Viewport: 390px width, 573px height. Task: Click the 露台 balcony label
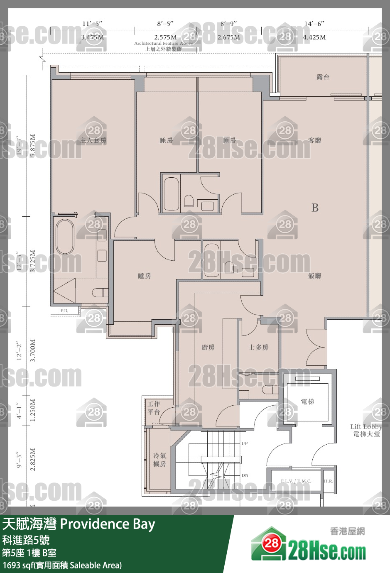323,77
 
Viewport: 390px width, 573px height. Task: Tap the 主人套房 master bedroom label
93,140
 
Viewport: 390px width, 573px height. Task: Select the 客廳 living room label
315,140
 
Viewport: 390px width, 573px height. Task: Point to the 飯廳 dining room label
315,276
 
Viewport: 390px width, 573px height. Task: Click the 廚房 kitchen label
208,347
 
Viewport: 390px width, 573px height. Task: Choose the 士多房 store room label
258,347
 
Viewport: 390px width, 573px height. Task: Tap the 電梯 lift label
307,402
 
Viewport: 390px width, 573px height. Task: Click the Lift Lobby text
365,426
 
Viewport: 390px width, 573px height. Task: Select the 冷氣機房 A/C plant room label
159,460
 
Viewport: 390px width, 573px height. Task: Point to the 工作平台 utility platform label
154,408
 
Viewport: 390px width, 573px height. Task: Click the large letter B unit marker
315,208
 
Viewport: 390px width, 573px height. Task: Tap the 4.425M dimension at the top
314,37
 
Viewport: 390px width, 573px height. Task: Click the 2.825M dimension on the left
33,459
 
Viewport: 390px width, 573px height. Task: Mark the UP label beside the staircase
245,443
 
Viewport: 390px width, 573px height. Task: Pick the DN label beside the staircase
245,475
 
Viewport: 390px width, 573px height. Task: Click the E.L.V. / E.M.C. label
296,481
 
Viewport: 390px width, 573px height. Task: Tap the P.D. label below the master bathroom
64,311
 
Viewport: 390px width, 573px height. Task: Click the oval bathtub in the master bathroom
65,237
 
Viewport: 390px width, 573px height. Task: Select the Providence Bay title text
108,524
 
